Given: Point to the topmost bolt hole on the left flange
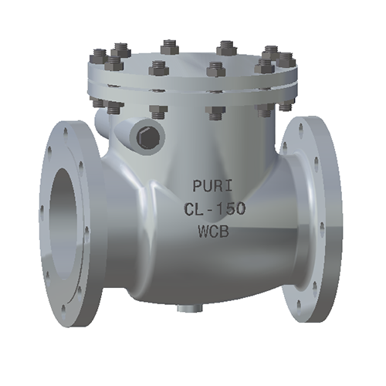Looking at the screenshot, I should tap(67, 131).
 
